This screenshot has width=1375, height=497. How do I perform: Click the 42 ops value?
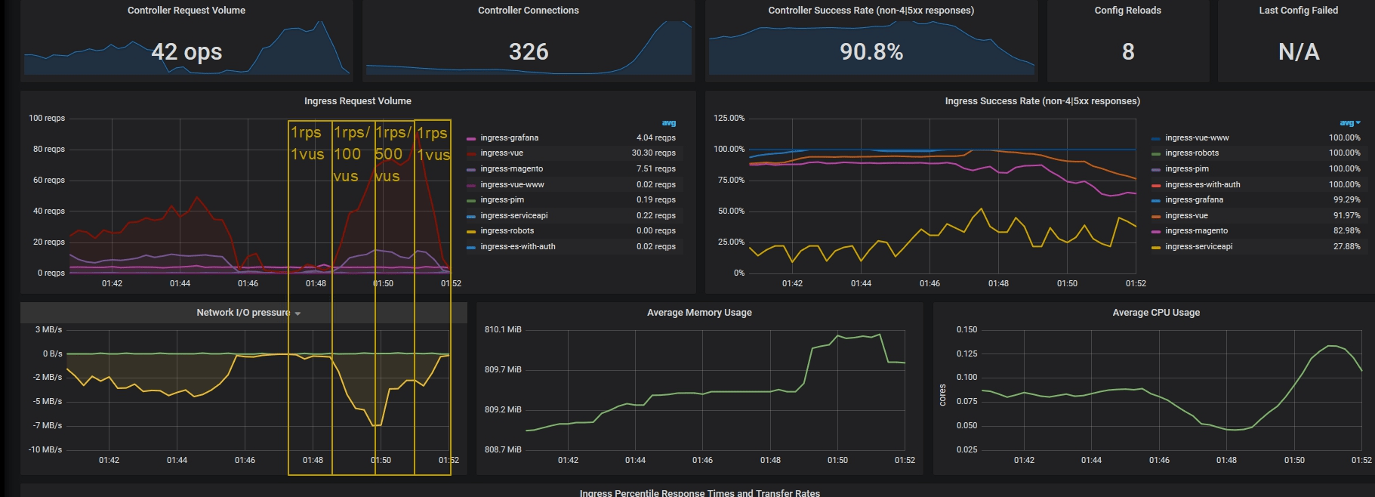(187, 52)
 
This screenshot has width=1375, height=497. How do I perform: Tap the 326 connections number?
(529, 52)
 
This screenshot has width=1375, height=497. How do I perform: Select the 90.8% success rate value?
(871, 52)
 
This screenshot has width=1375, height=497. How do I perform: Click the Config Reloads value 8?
(1128, 52)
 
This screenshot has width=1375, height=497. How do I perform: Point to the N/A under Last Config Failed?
(1299, 52)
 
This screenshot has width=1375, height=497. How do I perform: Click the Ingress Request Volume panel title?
(357, 101)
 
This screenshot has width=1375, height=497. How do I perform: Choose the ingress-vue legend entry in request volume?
(501, 153)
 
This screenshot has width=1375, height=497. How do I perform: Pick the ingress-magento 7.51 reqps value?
(655, 169)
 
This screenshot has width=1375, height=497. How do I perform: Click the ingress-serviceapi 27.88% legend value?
(1346, 247)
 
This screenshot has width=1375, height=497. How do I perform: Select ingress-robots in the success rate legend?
(1192, 153)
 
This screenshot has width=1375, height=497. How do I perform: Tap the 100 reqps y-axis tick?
(47, 119)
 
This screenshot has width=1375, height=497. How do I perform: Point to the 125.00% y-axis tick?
(729, 119)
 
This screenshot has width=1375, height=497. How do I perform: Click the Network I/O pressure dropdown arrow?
(298, 313)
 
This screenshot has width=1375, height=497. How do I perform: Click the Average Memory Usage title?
(699, 313)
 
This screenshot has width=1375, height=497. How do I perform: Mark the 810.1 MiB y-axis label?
(503, 330)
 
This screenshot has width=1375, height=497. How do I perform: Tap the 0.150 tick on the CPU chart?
(967, 330)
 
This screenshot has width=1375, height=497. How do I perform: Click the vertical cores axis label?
(942, 395)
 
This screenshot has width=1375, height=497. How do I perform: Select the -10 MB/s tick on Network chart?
(46, 450)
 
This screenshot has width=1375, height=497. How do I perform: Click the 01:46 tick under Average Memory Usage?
(702, 460)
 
